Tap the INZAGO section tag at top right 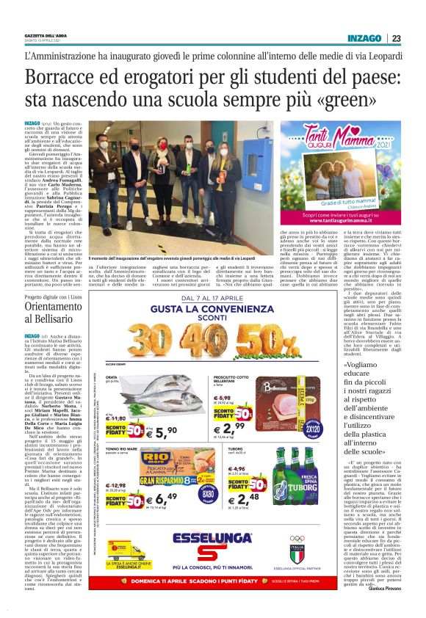(x=365, y=38)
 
